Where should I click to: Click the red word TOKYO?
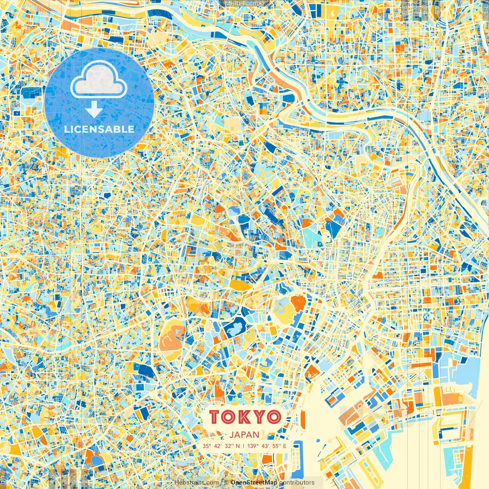point(245,417)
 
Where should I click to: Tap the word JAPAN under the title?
point(244,435)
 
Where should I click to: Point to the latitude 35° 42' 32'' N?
point(221,446)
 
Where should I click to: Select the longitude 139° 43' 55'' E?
point(267,446)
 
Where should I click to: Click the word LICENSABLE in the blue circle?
point(99,129)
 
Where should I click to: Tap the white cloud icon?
point(99,79)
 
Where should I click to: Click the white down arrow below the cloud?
point(94,110)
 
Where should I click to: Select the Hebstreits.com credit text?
point(196,483)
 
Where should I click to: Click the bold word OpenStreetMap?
point(254,483)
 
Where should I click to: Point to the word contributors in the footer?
point(297,483)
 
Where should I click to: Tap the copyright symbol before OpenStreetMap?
point(226,483)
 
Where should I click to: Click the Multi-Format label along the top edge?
point(244,3)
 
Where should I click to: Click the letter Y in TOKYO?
point(260,417)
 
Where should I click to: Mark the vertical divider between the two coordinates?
point(244,446)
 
